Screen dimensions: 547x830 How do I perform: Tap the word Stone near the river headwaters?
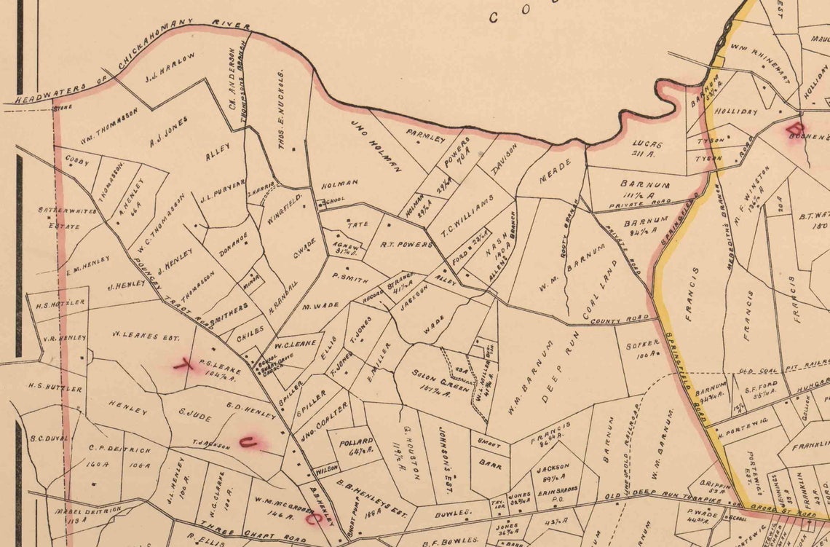63,109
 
